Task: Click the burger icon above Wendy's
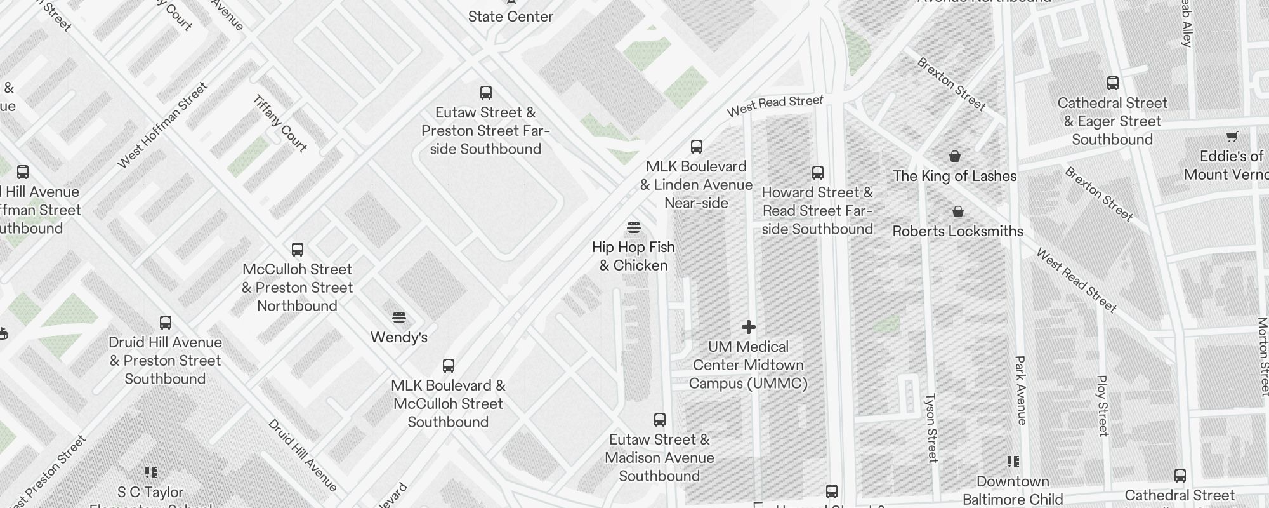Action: coord(398,317)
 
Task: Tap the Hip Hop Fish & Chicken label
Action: coord(633,256)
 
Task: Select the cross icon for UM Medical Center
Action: coord(749,327)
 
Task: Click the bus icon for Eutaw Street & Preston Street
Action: coord(486,93)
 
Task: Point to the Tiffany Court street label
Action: coord(280,123)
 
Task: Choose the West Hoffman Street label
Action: coord(162,125)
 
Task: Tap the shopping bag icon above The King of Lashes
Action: coord(954,156)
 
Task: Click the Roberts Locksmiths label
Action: coord(957,231)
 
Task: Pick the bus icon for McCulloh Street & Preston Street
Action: coord(297,250)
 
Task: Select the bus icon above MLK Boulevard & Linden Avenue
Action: coord(697,147)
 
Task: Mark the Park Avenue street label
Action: coord(1020,390)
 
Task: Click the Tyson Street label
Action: coord(931,428)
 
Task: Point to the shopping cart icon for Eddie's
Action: coord(1232,136)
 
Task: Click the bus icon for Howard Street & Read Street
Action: coord(818,173)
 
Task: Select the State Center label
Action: coord(511,17)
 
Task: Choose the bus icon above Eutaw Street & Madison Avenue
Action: coord(660,420)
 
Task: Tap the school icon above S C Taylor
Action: coord(150,472)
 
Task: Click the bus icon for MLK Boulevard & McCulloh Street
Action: coord(449,366)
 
